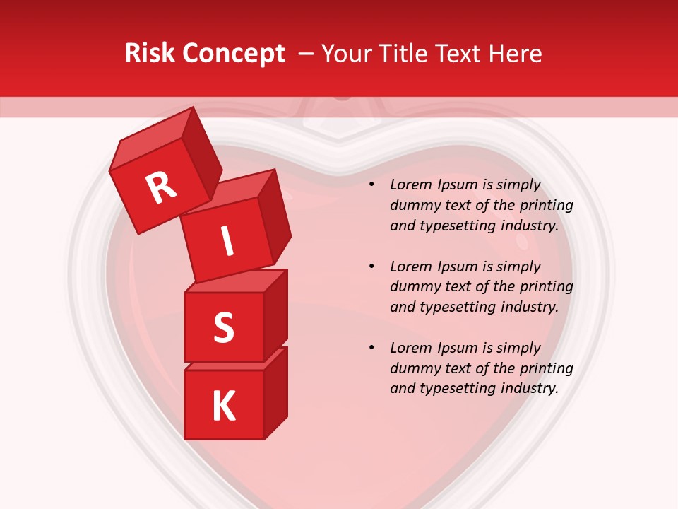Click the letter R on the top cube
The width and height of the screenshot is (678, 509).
click(161, 187)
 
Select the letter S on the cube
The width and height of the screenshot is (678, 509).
click(223, 328)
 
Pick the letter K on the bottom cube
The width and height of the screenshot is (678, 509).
click(224, 406)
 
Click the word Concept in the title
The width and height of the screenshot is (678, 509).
click(234, 54)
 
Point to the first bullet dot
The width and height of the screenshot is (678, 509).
click(371, 185)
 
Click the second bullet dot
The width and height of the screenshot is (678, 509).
click(371, 267)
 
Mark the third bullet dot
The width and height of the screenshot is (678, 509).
click(371, 349)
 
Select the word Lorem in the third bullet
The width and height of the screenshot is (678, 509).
click(410, 348)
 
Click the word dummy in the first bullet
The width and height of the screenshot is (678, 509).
click(412, 206)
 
